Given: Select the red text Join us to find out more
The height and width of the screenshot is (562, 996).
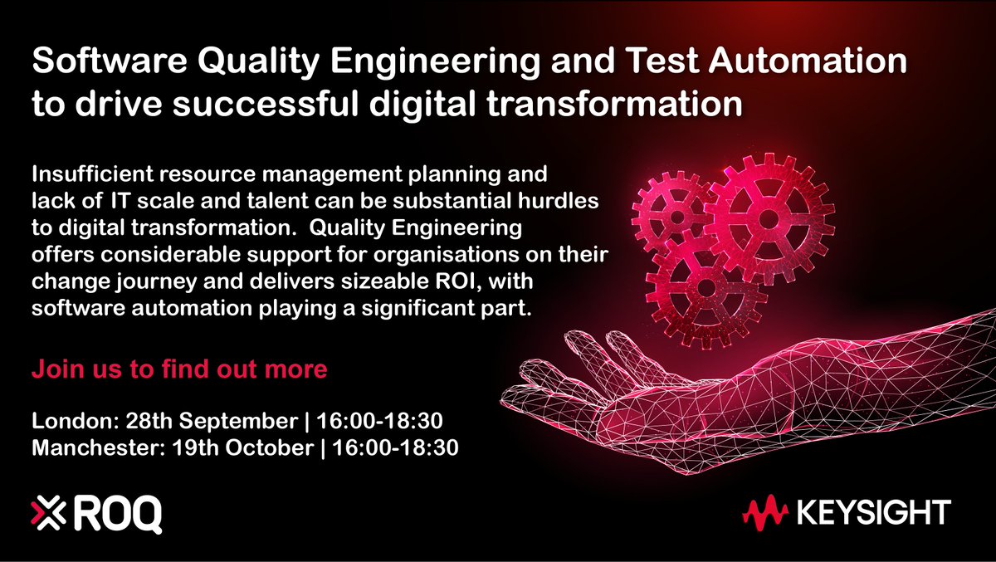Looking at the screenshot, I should [x=179, y=369].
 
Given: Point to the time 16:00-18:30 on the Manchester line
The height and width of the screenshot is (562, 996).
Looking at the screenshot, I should [x=396, y=447].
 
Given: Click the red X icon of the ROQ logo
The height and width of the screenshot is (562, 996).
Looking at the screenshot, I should [x=48, y=512].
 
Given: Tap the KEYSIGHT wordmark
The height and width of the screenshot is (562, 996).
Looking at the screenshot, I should [x=876, y=513].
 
